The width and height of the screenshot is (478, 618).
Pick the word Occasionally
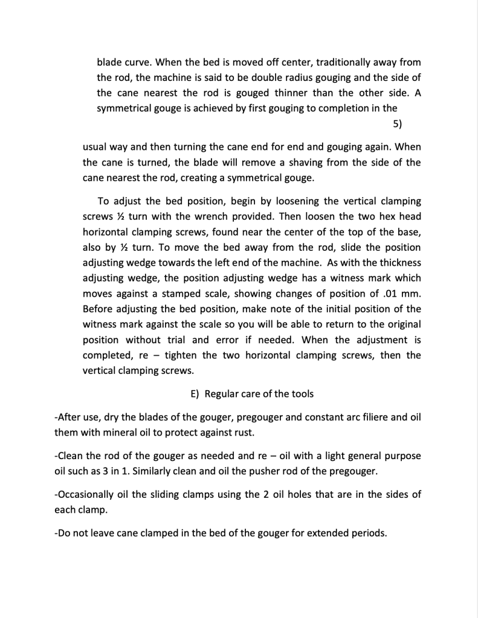[x=85, y=494]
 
